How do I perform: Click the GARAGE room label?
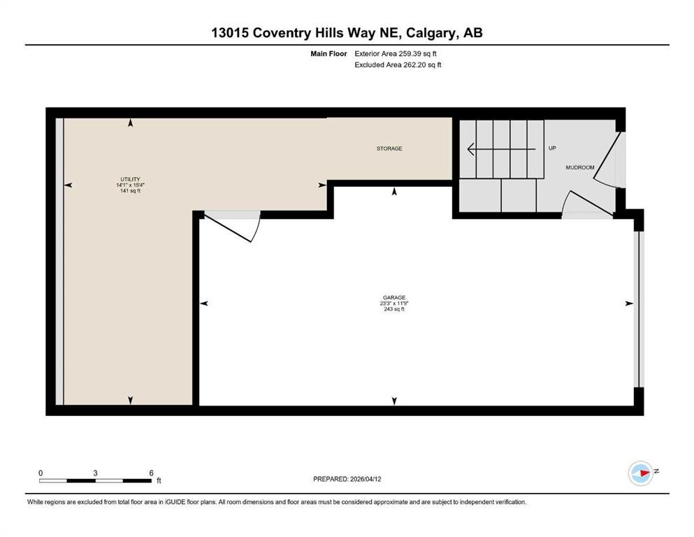[394, 297]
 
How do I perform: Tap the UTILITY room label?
[130, 179]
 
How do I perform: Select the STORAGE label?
[389, 148]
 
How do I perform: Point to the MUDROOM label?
[580, 167]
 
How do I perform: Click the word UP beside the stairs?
[552, 148]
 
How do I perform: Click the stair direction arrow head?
[471, 149]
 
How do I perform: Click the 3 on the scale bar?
[95, 473]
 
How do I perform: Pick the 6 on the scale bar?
[152, 473]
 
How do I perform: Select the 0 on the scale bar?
[41, 473]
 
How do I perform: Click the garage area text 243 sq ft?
[394, 309]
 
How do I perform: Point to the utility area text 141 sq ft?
[130, 191]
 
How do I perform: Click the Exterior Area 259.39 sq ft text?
[396, 54]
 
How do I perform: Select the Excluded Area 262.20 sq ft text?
[398, 64]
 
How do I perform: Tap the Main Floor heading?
[328, 54]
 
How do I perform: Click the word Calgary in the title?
[431, 33]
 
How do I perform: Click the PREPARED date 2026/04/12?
[366, 479]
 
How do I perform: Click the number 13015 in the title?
[230, 33]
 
